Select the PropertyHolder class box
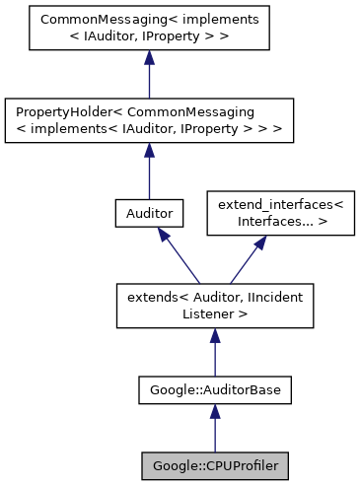[148, 120]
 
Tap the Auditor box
[148, 212]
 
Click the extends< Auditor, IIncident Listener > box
[214, 305]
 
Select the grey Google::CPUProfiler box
[214, 462]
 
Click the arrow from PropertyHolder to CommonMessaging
[148, 74]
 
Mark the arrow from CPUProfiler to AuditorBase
[214, 429]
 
